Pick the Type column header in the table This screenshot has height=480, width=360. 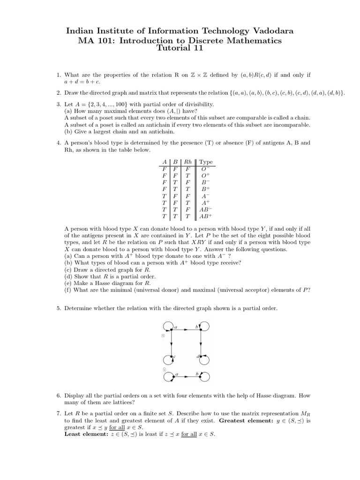[206, 162]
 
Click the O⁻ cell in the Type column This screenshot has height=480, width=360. [205, 168]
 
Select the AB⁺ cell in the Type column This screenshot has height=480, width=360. [205, 217]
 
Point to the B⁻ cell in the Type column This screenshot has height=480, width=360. [205, 182]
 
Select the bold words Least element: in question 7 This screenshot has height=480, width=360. [85, 434]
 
